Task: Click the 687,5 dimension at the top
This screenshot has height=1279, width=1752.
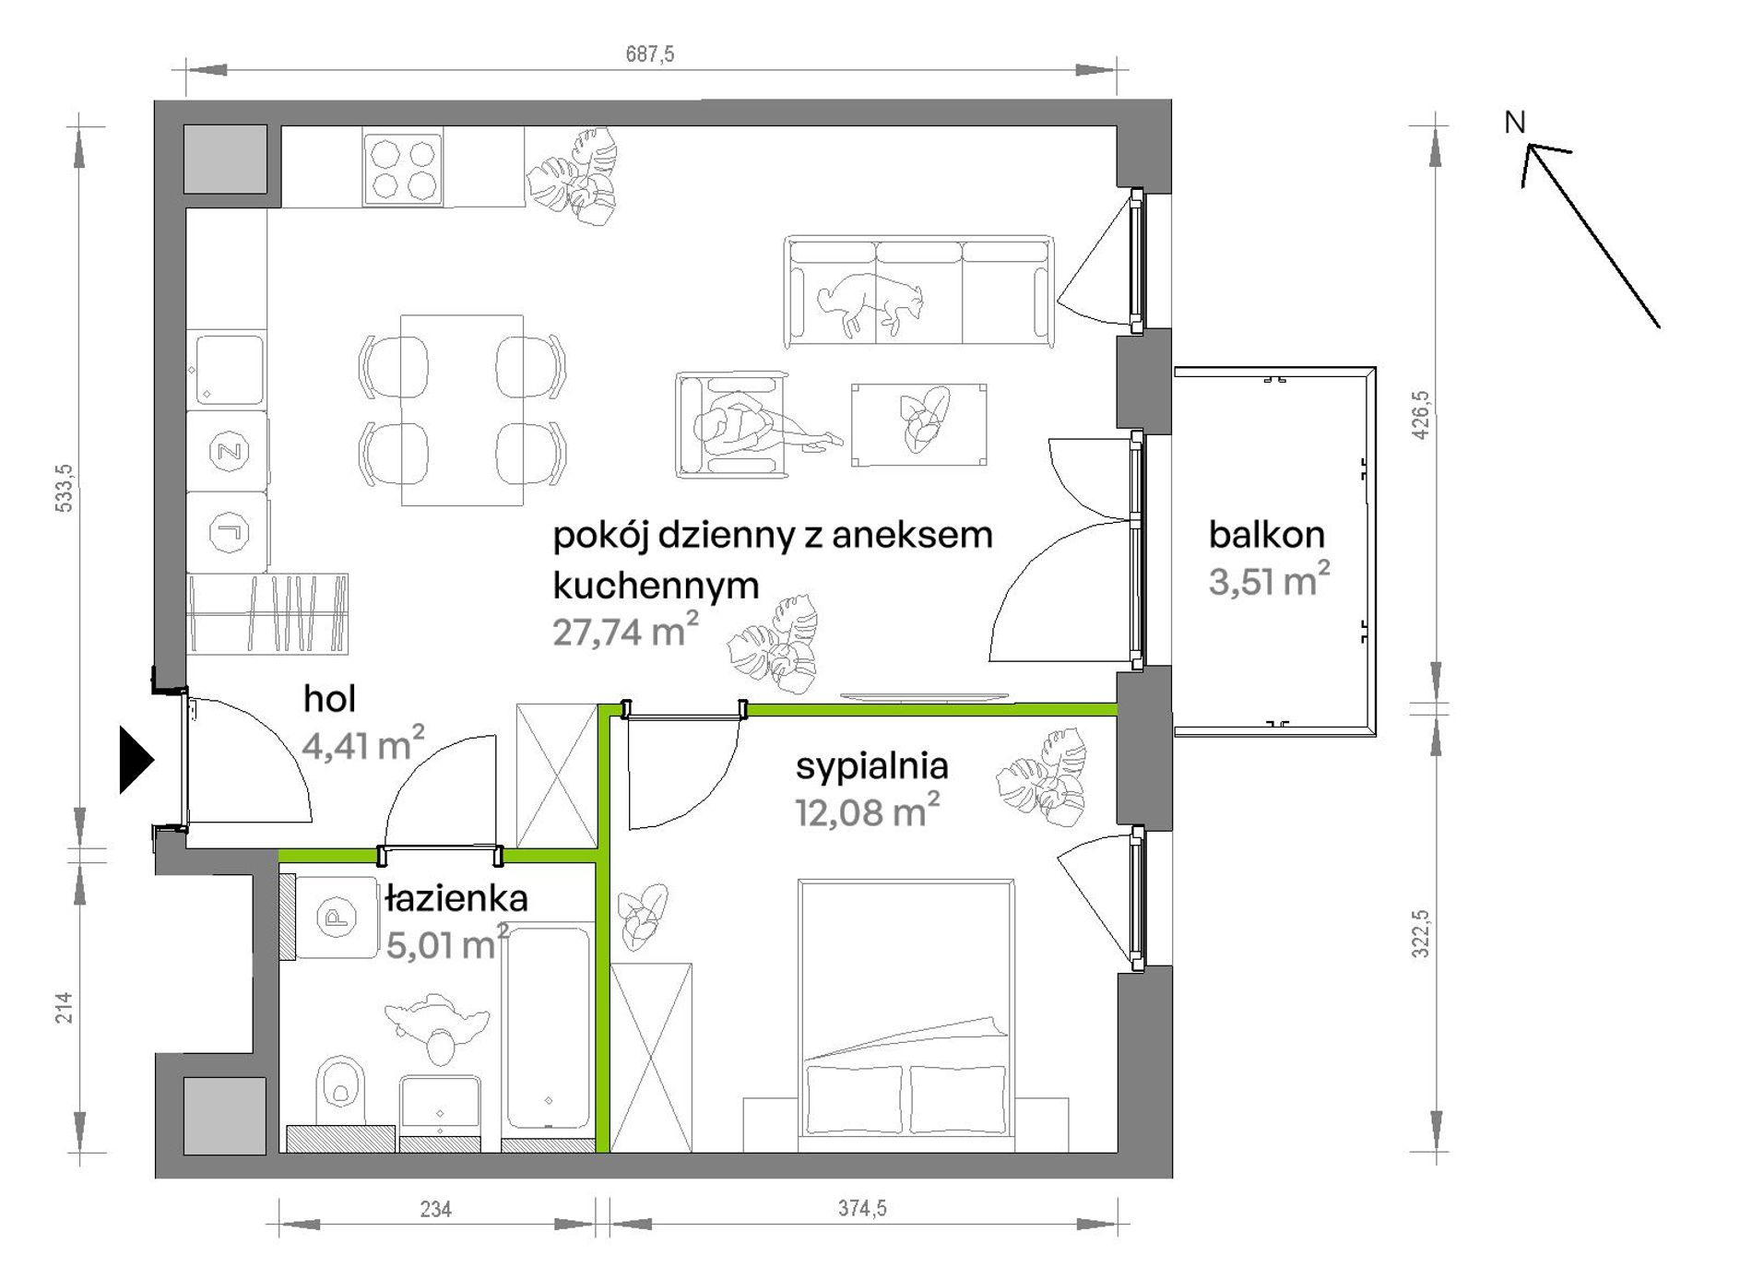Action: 650,54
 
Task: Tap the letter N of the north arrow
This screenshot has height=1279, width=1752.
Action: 1515,122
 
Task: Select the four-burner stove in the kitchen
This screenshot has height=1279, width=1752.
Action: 403,168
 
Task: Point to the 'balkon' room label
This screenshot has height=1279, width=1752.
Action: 1266,535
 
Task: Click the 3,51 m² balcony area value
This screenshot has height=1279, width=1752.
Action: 1269,580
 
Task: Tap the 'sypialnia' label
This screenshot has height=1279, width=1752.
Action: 871,766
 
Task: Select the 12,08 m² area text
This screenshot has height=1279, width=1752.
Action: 867,811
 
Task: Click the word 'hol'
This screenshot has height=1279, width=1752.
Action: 329,699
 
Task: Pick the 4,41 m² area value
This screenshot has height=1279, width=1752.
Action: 363,743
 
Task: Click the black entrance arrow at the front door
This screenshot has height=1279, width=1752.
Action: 136,760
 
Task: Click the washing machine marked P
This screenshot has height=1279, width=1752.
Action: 336,917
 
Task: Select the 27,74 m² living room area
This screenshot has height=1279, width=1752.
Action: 625,630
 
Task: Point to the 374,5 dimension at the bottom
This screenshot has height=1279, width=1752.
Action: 862,1208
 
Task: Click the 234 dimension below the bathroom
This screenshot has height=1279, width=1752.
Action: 435,1209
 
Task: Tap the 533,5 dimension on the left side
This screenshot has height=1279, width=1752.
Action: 65,488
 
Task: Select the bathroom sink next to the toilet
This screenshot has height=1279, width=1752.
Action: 440,1106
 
